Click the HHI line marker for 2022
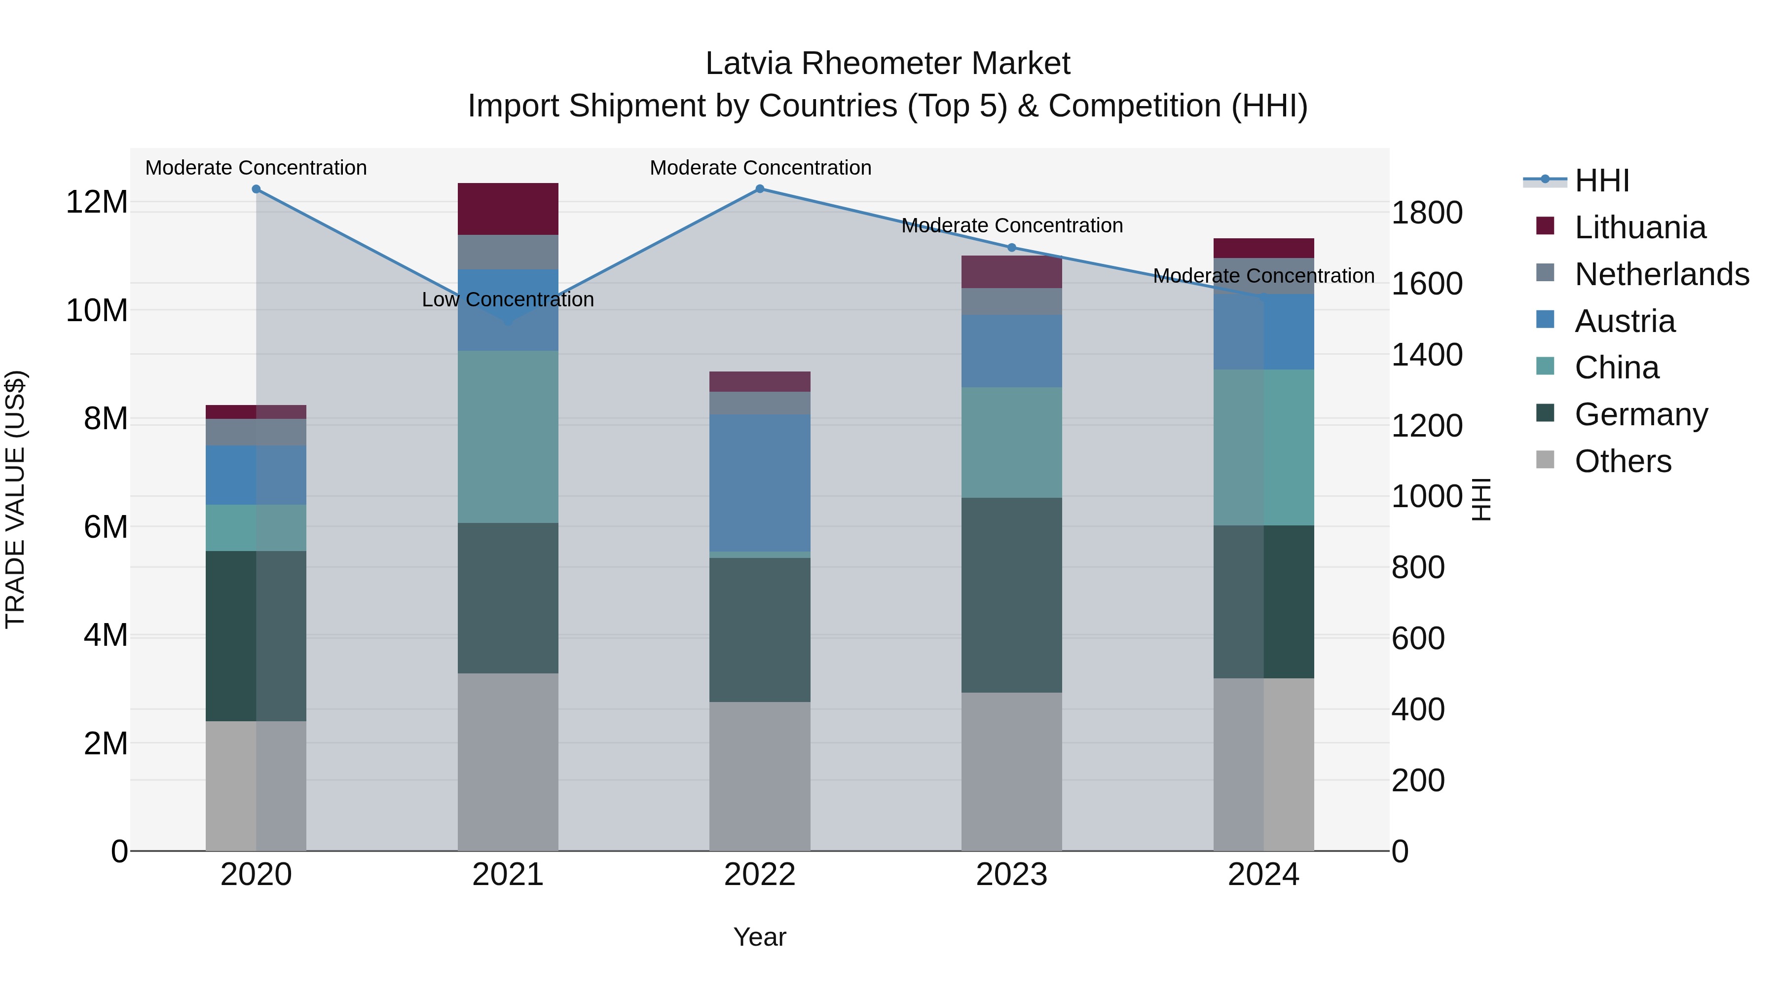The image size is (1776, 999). pos(760,189)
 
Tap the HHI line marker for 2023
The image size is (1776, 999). pos(1011,248)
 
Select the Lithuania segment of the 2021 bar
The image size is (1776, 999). pos(508,209)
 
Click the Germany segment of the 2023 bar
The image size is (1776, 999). pos(1011,595)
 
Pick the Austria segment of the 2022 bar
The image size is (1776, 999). pos(760,482)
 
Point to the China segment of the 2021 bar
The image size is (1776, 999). pos(508,437)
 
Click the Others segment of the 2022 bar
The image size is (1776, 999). pos(760,777)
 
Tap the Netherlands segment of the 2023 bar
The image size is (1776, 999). pos(1011,301)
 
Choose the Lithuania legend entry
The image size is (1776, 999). pos(1639,227)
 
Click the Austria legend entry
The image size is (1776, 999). pos(1625,321)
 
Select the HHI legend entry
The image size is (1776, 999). pos(1601,181)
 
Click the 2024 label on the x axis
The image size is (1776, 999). pos(1263,875)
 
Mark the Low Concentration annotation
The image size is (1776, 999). pos(508,300)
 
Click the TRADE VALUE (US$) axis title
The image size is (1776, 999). pos(15,499)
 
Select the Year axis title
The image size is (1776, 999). pos(760,937)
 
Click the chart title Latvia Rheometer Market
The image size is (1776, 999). pos(888,64)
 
